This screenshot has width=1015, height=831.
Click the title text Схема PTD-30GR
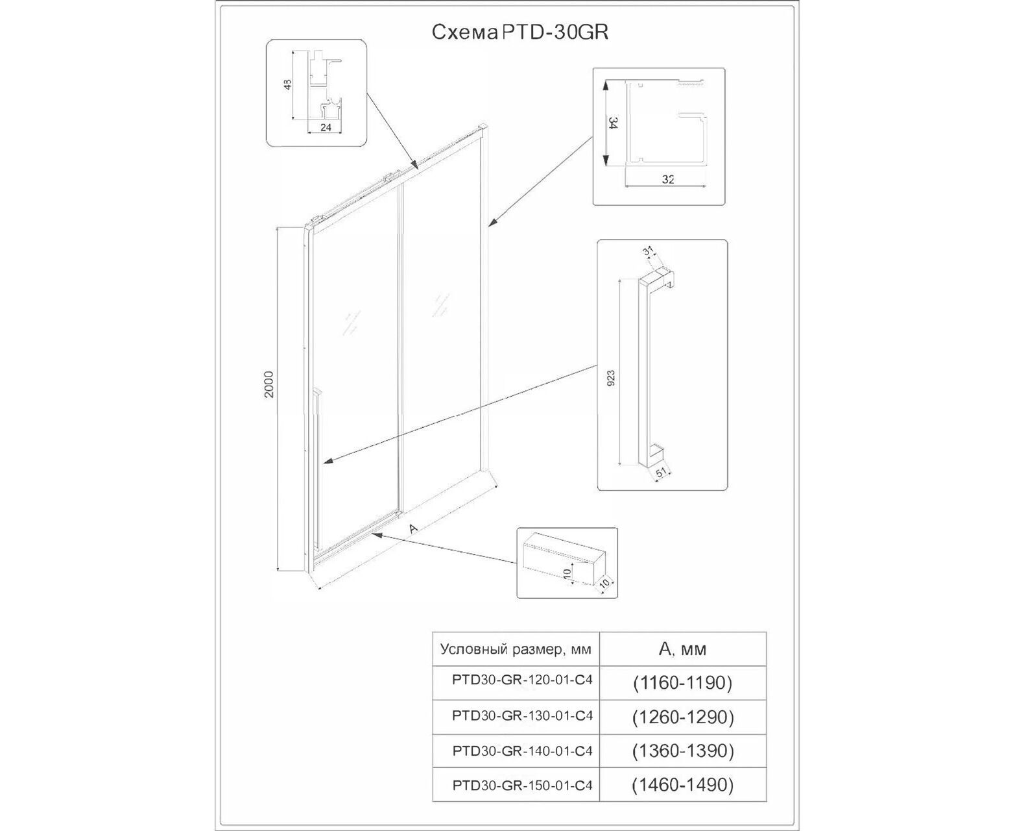point(520,33)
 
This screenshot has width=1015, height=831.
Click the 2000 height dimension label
point(270,384)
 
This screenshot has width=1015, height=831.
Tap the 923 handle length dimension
point(610,378)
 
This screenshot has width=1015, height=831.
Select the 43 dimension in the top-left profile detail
point(288,84)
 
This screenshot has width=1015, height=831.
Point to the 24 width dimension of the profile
point(326,128)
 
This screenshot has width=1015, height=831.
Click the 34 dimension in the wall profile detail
point(611,123)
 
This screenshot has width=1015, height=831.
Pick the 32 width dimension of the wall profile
point(669,180)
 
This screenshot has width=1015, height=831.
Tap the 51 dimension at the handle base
point(661,473)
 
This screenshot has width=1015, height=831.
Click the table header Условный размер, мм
point(516,649)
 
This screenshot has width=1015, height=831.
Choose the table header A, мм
point(682,649)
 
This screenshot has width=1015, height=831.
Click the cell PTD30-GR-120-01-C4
point(522,681)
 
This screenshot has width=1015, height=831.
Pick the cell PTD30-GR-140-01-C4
point(522,751)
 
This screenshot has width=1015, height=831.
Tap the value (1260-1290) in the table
point(682,717)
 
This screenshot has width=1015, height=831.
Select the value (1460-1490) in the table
point(682,785)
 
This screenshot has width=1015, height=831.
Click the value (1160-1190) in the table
point(682,682)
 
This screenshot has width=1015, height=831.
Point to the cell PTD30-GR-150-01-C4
point(522,785)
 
